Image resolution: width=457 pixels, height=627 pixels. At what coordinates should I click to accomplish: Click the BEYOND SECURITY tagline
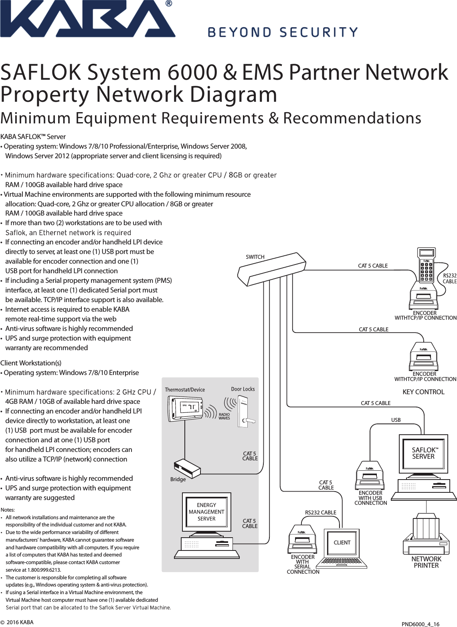283,32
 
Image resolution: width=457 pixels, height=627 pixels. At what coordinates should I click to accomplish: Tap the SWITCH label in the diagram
255,257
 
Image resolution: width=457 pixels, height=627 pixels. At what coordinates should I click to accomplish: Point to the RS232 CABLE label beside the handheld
449,278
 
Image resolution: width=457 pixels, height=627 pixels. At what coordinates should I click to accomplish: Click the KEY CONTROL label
423,392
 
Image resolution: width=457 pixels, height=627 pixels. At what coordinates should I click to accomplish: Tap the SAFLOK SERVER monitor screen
423,453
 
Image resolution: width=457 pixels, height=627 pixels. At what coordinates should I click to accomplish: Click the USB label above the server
396,420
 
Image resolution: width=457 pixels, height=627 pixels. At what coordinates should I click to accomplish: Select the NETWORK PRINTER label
426,562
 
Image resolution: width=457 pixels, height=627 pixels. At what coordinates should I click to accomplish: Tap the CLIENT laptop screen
342,542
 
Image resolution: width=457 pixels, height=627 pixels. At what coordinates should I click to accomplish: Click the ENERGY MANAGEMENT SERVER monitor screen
206,512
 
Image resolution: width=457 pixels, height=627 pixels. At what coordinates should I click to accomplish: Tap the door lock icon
245,413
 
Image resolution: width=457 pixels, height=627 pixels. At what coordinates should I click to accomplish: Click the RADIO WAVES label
224,416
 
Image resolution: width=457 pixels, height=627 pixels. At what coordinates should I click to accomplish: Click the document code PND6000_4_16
421,624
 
